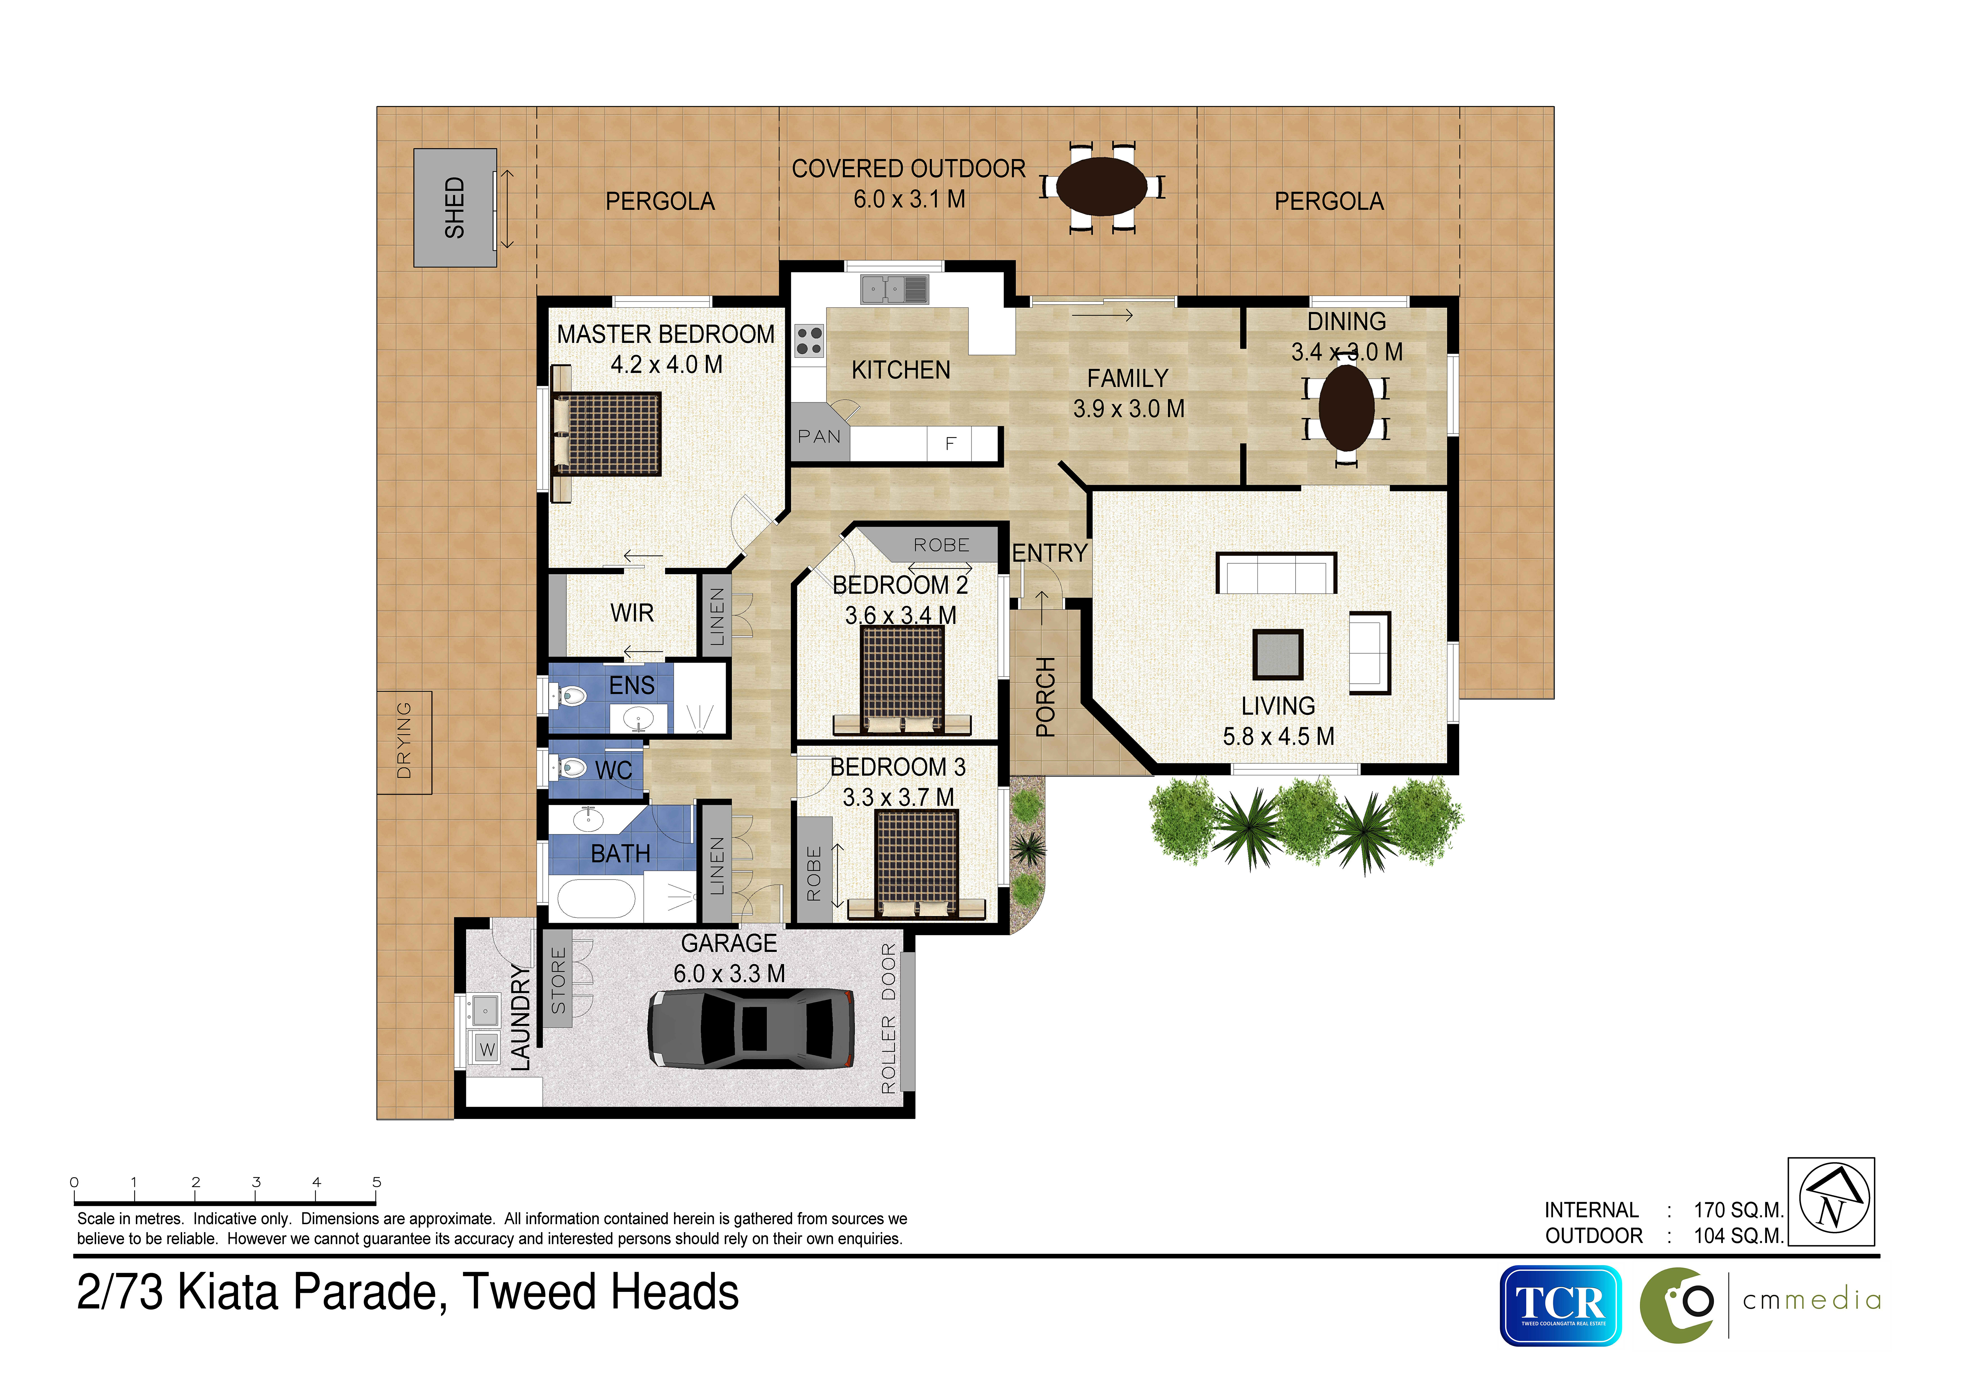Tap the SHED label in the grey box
[454, 208]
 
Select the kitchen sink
[894, 289]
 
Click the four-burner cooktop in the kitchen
[809, 341]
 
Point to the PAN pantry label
[819, 436]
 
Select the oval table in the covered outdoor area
[1101, 186]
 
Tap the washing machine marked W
[487, 1048]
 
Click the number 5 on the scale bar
[376, 1183]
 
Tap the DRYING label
[404, 740]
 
